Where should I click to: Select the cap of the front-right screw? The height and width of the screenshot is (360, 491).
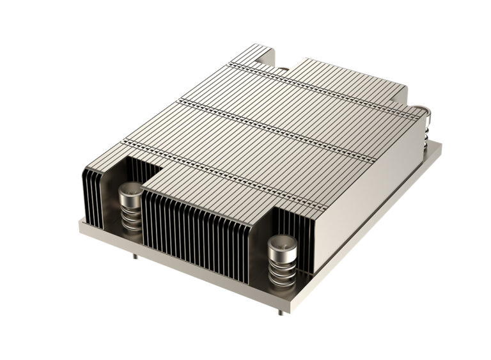[282, 243]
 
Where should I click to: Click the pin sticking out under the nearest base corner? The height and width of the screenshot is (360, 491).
[281, 311]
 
